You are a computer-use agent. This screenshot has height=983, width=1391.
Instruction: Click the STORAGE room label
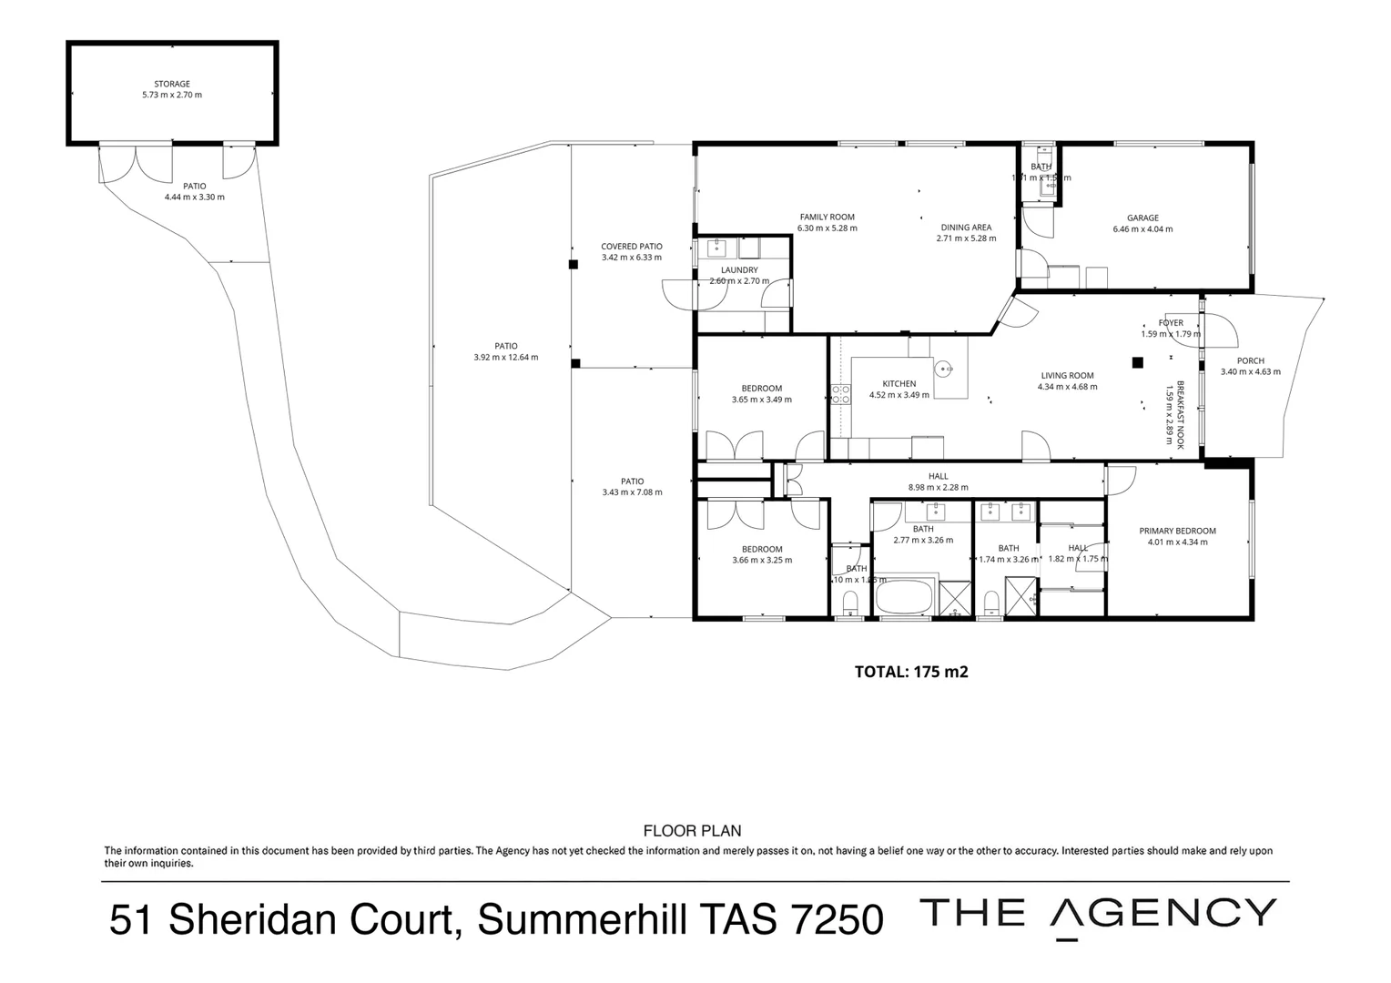[x=171, y=84]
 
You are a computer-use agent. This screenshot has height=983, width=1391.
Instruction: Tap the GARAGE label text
[x=1142, y=218]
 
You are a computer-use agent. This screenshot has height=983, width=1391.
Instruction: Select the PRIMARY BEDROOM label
[x=1177, y=531]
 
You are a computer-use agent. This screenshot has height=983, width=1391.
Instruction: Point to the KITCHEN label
[x=899, y=383]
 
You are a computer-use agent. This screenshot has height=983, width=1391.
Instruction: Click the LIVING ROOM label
[x=1067, y=375]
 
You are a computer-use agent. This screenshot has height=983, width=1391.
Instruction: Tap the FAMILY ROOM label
[x=827, y=217]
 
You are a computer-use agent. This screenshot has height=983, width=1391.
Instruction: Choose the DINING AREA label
[x=966, y=228]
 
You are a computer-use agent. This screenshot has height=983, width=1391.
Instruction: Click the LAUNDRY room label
[x=739, y=270]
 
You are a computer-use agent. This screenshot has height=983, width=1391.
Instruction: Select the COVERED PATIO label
[x=632, y=247]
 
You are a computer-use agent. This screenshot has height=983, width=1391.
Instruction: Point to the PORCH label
[x=1250, y=360]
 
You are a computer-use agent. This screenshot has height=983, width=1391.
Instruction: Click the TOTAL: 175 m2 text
[x=910, y=672]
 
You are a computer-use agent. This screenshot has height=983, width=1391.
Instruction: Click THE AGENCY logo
[x=1098, y=914]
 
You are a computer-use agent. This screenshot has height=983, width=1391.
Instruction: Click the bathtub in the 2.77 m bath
[x=903, y=598]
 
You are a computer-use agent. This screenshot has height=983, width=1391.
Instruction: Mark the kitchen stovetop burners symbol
[x=840, y=394]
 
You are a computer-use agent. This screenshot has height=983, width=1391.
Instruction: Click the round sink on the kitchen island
[x=945, y=369]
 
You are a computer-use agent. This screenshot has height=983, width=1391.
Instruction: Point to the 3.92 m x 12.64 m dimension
[x=505, y=358]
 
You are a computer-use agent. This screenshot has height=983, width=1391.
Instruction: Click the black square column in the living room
[x=1137, y=362]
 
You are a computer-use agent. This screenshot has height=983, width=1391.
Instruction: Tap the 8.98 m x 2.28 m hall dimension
[x=938, y=487]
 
